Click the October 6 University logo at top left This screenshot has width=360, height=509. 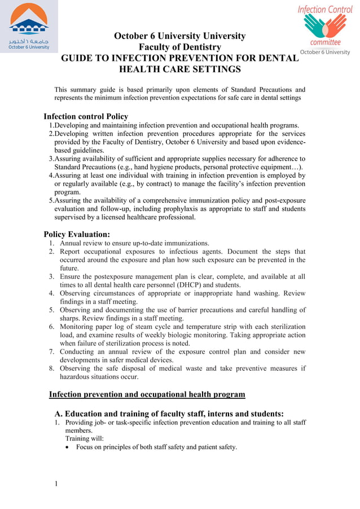pyautogui.click(x=29, y=26)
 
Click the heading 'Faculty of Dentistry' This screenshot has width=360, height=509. pyautogui.click(x=180, y=47)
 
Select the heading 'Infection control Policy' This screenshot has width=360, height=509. pyautogui.click(x=86, y=117)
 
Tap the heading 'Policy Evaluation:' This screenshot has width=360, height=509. pyautogui.click(x=77, y=234)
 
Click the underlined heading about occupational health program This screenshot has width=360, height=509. pyautogui.click(x=147, y=394)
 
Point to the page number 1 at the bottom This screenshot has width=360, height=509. pyautogui.click(x=57, y=483)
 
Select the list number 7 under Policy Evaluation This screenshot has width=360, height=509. pyautogui.click(x=51, y=352)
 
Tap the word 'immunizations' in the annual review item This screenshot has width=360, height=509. pyautogui.click(x=184, y=243)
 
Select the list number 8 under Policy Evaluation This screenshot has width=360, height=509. pyautogui.click(x=51, y=368)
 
